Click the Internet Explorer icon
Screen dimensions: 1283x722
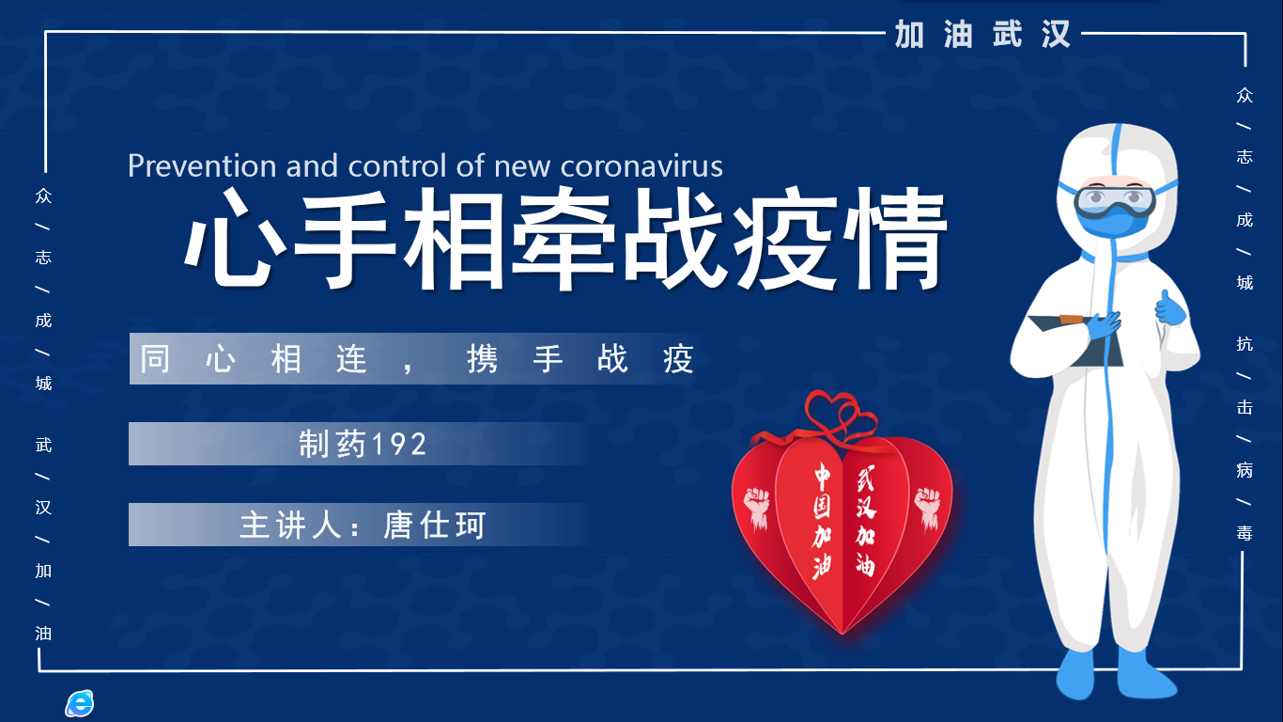tap(79, 703)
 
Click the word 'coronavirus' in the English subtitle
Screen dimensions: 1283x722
tap(641, 166)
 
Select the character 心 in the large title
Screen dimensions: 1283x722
tap(236, 239)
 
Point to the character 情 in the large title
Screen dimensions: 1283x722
tap(895, 239)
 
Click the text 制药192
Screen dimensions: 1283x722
tap(363, 444)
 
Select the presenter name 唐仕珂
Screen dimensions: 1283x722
tap(434, 525)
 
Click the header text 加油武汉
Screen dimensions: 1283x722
tap(982, 34)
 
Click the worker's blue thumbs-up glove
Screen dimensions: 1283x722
tap(1169, 308)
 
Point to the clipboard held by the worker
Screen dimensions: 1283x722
tap(1076, 339)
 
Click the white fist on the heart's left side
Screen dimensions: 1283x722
tap(757, 507)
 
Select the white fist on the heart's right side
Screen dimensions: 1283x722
tap(927, 507)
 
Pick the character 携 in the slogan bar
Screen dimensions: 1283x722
tap(482, 359)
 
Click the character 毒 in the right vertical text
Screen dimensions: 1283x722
tap(1244, 533)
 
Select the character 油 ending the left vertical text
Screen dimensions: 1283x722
tap(43, 633)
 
